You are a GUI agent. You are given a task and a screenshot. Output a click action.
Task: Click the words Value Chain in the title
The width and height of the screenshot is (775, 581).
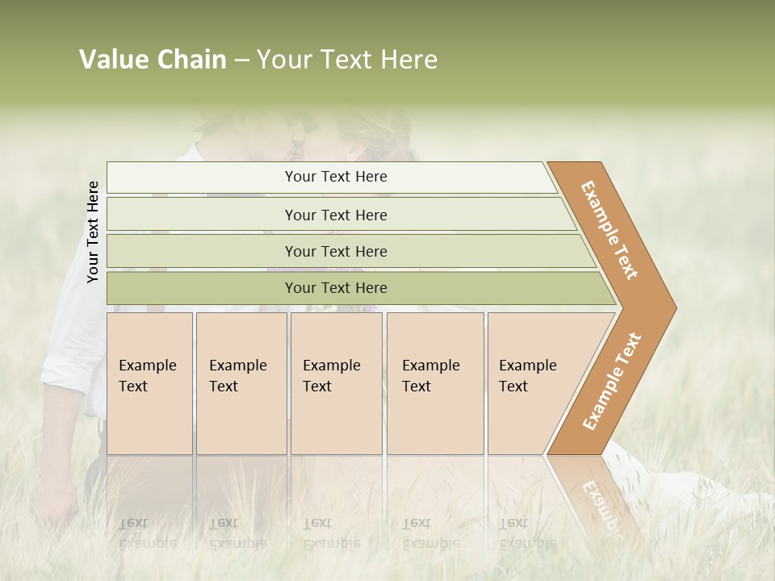coord(153,60)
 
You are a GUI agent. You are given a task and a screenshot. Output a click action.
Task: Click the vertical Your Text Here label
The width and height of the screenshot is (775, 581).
coord(93,232)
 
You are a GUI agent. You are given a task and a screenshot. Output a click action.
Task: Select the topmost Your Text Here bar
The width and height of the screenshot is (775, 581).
coord(335,177)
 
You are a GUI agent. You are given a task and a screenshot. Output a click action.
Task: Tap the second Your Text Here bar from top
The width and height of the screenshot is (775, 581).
coord(335,215)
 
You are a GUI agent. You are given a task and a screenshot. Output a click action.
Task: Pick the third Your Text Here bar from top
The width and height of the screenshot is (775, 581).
coord(335,251)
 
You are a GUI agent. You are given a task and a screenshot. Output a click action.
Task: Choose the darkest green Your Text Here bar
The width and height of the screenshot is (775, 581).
coord(335,288)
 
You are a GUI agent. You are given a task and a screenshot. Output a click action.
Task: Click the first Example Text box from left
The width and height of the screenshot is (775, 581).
coord(149,382)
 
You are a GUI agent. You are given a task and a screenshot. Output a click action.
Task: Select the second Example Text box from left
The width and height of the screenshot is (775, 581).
coord(241,382)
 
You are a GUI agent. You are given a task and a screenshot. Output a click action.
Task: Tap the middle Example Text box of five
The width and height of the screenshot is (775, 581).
coord(336,382)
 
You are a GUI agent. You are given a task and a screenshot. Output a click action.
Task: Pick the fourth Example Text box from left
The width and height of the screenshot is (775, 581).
coord(434,382)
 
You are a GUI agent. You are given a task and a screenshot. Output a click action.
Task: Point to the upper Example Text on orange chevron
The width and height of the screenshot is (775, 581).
coord(610,230)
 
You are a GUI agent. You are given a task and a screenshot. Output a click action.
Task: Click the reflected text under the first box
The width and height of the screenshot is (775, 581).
coord(147,533)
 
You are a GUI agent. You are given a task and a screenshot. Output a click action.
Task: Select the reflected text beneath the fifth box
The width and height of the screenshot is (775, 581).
coord(527,533)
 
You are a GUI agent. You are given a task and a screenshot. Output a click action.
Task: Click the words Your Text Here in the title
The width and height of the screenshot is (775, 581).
coord(347,60)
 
